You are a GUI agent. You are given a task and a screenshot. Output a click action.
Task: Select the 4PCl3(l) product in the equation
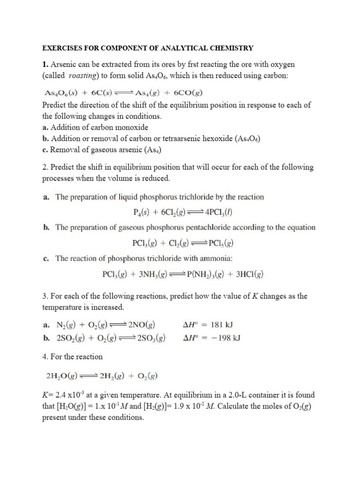tap(218, 212)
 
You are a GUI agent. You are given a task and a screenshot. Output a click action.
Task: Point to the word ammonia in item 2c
tap(215, 258)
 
